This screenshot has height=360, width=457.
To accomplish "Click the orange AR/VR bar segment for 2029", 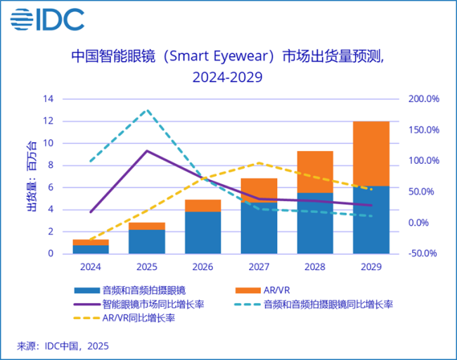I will pos(371,153).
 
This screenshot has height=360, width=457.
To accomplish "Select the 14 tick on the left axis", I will pos(49,99).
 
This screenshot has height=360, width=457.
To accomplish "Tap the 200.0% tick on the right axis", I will pos(423,99).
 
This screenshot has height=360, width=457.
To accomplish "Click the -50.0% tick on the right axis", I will pos(423,253).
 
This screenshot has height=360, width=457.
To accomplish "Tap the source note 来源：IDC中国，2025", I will pos(63,346).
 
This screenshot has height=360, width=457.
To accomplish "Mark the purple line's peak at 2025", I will pos(146,150).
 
